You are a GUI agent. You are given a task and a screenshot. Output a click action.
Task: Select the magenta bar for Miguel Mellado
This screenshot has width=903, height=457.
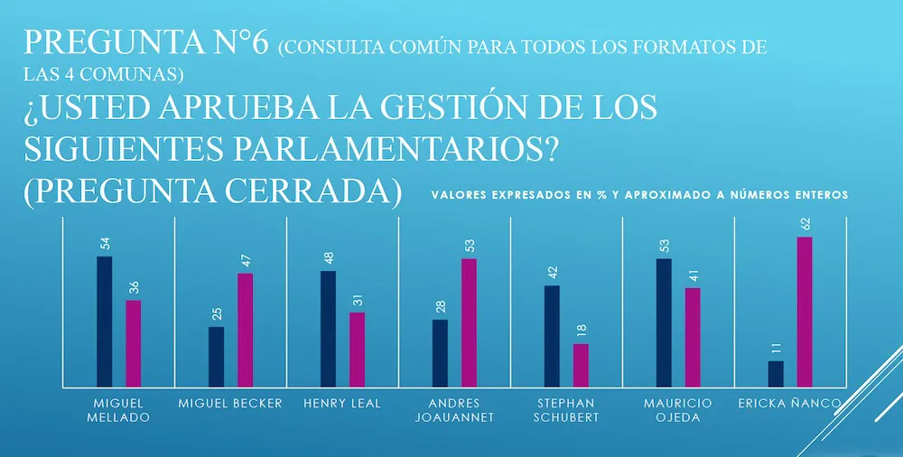point(133,344)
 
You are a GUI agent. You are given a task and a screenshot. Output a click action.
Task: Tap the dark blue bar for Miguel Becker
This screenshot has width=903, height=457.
point(216,357)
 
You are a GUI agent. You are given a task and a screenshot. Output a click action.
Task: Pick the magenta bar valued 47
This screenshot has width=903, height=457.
point(245,331)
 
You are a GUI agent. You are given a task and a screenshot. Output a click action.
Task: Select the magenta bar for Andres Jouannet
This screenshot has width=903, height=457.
point(469,323)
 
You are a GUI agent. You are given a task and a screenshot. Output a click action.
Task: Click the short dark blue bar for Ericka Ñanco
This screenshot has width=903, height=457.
point(776,374)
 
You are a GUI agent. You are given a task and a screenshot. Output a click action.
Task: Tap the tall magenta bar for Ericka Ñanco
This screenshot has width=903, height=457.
point(805,312)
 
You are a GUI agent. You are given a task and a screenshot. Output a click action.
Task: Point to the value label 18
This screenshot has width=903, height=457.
point(581,331)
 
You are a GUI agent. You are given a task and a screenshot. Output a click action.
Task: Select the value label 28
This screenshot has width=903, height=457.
point(440,307)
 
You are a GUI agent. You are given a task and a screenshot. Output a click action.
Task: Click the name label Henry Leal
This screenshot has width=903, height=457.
point(342,403)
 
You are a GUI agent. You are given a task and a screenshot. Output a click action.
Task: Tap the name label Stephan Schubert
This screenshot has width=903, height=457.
point(566,409)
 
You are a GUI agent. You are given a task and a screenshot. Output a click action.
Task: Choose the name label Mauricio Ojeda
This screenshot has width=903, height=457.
point(679,409)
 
